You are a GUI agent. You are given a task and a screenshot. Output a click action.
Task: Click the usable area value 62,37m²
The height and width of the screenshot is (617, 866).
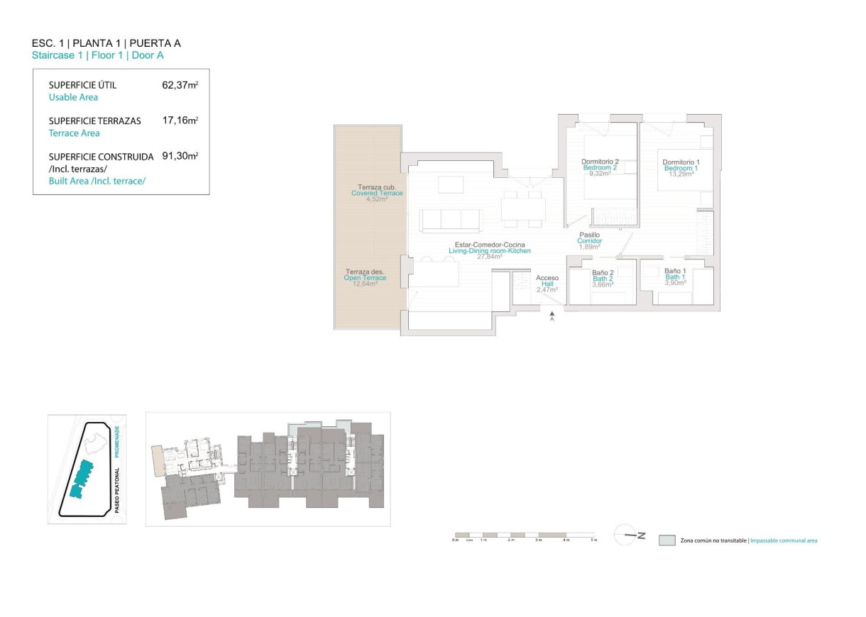click(180, 85)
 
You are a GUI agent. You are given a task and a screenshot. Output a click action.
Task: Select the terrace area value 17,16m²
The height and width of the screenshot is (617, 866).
click(180, 121)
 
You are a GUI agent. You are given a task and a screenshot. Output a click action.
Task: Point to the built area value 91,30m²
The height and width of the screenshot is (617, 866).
click(180, 156)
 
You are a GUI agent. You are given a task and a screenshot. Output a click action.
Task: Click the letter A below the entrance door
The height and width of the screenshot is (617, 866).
click(552, 319)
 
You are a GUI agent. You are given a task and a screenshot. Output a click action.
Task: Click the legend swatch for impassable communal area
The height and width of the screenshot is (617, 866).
click(667, 540)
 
